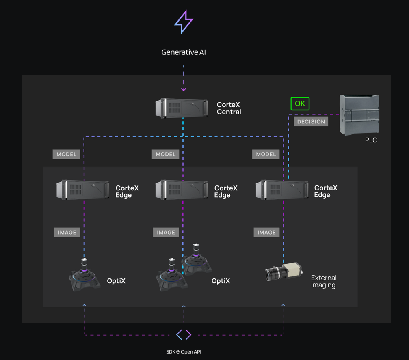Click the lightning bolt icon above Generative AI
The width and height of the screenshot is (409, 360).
click(184, 22)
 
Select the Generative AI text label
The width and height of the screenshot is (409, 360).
click(184, 52)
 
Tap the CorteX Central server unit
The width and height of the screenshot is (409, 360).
click(182, 108)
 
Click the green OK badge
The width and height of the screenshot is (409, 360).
click(300, 103)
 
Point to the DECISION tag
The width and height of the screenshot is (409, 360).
click(311, 122)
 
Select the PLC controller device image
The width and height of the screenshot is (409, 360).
click(359, 115)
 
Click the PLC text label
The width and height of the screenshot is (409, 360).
click(371, 140)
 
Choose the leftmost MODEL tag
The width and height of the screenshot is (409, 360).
click(67, 154)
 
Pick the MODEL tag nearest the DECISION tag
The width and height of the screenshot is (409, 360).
click(266, 154)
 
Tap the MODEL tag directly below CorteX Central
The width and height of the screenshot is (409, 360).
click(166, 154)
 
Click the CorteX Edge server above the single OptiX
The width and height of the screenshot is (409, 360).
click(83, 190)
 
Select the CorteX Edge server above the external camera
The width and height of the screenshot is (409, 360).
click(282, 190)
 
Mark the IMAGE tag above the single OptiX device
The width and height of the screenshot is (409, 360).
click(67, 233)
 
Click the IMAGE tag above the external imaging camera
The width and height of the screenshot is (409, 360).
click(267, 233)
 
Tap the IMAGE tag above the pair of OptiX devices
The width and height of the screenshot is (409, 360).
click(166, 233)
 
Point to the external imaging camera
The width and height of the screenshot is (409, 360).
click(283, 272)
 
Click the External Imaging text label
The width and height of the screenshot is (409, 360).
click(323, 281)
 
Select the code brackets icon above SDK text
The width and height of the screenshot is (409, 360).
click(184, 334)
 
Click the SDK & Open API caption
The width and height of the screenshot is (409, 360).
click(184, 352)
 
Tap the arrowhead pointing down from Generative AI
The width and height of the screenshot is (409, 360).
click(184, 89)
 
